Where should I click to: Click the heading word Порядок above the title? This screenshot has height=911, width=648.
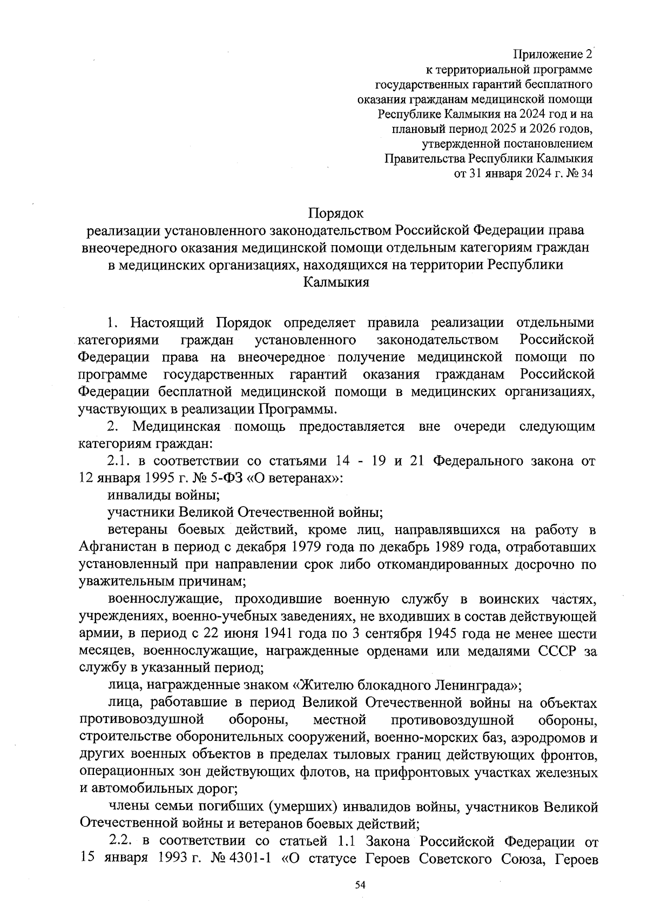point(336,213)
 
